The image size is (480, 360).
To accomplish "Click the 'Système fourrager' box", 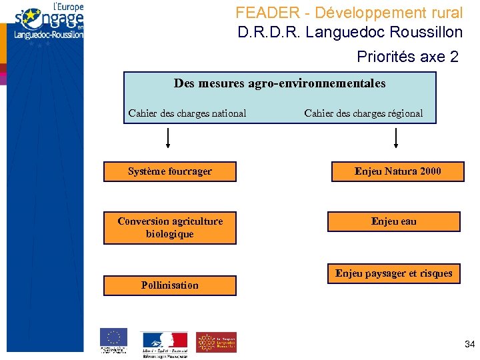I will click(x=170, y=171).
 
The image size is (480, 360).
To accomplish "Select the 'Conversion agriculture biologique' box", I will click(x=170, y=228).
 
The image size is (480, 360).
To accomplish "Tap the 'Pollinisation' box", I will click(x=170, y=285).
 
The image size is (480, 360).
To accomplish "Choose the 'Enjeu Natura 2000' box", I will click(x=397, y=171).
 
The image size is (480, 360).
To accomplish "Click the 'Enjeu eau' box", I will click(x=393, y=221).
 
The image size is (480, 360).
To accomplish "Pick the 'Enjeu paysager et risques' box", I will click(x=393, y=273).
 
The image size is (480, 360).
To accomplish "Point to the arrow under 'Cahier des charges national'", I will click(x=168, y=137).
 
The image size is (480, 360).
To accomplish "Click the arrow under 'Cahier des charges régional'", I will click(x=397, y=137).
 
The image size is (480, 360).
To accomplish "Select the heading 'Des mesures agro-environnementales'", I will click(x=279, y=84).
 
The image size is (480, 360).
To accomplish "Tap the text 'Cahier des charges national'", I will click(x=187, y=113).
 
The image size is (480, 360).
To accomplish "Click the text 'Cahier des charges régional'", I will click(x=363, y=113).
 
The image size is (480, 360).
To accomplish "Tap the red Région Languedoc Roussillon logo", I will click(x=216, y=342).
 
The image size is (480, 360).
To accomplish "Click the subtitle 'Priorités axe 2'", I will click(x=407, y=57).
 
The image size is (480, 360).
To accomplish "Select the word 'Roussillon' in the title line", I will click(x=427, y=32).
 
